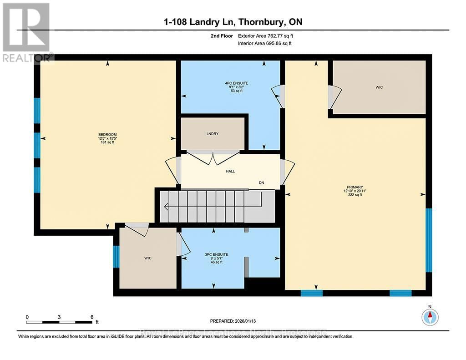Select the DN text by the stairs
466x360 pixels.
pos(261,183)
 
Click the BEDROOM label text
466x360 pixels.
pos(107,134)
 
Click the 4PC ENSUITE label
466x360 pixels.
pos(236,83)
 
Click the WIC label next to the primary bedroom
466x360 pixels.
pos(379,87)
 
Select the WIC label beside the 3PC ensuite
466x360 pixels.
pos(148,258)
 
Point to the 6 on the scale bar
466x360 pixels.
pos(92,317)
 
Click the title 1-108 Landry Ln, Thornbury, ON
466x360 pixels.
pos(233,22)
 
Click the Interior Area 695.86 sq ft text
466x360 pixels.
pos(265,43)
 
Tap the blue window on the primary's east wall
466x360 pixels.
pos(428,240)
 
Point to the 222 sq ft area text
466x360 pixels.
pos(355,195)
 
